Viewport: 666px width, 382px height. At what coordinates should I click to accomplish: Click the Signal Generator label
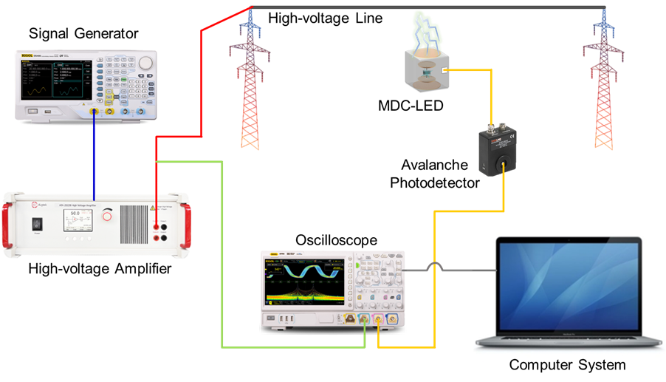tap(83, 33)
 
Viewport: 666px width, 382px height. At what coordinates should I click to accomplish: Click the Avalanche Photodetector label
tap(439, 172)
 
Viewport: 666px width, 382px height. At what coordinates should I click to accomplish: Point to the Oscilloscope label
tap(336, 241)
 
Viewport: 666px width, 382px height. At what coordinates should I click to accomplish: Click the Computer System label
tap(567, 365)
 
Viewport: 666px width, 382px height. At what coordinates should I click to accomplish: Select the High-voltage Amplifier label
tap(100, 269)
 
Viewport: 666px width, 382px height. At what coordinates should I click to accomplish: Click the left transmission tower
tap(250, 81)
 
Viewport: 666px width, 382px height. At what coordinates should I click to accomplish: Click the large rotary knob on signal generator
tap(145, 62)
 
